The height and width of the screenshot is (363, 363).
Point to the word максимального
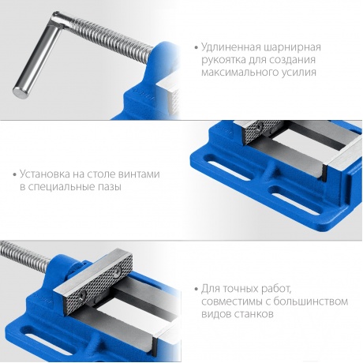point(238,73)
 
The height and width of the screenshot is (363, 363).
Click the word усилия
point(297,73)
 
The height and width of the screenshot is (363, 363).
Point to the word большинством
point(311,301)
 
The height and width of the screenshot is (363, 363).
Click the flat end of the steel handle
point(20,92)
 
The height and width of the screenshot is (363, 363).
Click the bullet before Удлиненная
point(196,48)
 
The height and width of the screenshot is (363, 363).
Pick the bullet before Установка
point(15,174)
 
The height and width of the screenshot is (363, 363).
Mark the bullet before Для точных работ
point(196,289)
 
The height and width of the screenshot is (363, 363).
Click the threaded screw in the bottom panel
point(25,253)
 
